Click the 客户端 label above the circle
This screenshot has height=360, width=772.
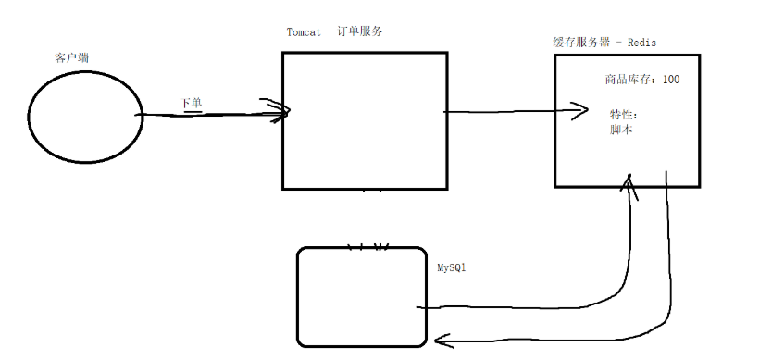point(71,58)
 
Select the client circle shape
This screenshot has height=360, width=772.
point(84,116)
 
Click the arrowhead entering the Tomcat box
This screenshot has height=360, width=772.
point(280,111)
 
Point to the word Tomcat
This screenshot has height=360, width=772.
point(304,32)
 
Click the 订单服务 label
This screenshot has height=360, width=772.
point(360,31)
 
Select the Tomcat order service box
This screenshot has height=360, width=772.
point(365,120)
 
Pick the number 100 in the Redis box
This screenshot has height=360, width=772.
point(670,80)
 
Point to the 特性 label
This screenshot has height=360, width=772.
point(622,114)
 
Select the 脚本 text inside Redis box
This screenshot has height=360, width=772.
point(620,130)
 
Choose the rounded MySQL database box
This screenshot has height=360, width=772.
point(361,296)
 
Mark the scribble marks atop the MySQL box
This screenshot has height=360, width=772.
point(367,247)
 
